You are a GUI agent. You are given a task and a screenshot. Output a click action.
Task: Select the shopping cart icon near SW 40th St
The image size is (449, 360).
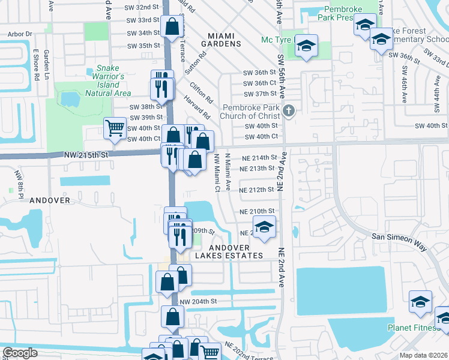[115, 127]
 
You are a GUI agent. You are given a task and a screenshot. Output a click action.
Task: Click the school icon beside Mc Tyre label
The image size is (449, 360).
[306, 47]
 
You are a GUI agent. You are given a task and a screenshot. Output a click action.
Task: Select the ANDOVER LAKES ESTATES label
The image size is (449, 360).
[237, 251]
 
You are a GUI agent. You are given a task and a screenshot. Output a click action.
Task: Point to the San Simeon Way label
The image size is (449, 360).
[399, 238]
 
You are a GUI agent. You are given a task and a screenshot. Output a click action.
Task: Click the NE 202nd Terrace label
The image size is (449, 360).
[249, 351]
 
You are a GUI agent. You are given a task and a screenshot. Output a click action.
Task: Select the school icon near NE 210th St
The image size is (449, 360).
[263, 227]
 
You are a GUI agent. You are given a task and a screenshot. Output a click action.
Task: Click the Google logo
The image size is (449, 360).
[20, 353]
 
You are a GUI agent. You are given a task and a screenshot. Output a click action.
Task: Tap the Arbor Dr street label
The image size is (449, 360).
[20, 35]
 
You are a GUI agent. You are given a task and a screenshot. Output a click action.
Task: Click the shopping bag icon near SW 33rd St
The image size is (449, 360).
[172, 26]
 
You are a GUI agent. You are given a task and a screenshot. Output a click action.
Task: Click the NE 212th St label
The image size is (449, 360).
[256, 190]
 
